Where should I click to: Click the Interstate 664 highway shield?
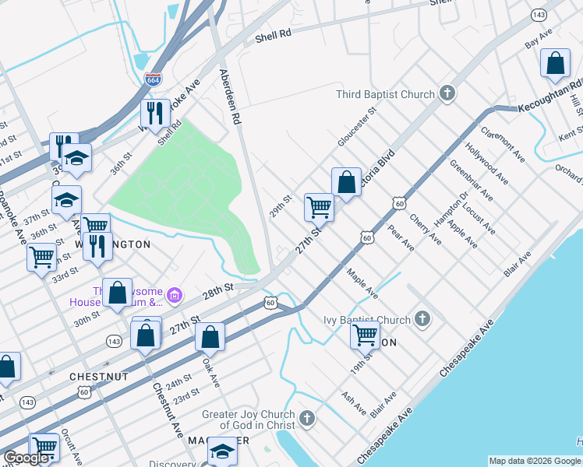click(x=154, y=79)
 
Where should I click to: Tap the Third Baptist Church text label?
click(x=385, y=95)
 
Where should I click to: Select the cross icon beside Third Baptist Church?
click(x=447, y=94)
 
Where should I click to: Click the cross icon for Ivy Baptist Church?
click(x=422, y=318)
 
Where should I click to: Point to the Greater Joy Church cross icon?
click(x=307, y=420)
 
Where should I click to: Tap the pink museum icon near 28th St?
click(x=175, y=295)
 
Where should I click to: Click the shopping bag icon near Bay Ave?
click(x=556, y=65)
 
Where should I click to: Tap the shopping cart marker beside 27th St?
click(x=319, y=208)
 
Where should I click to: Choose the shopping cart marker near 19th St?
click(x=365, y=335)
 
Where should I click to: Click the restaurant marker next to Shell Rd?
click(x=154, y=114)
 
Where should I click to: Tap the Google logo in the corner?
click(x=26, y=458)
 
